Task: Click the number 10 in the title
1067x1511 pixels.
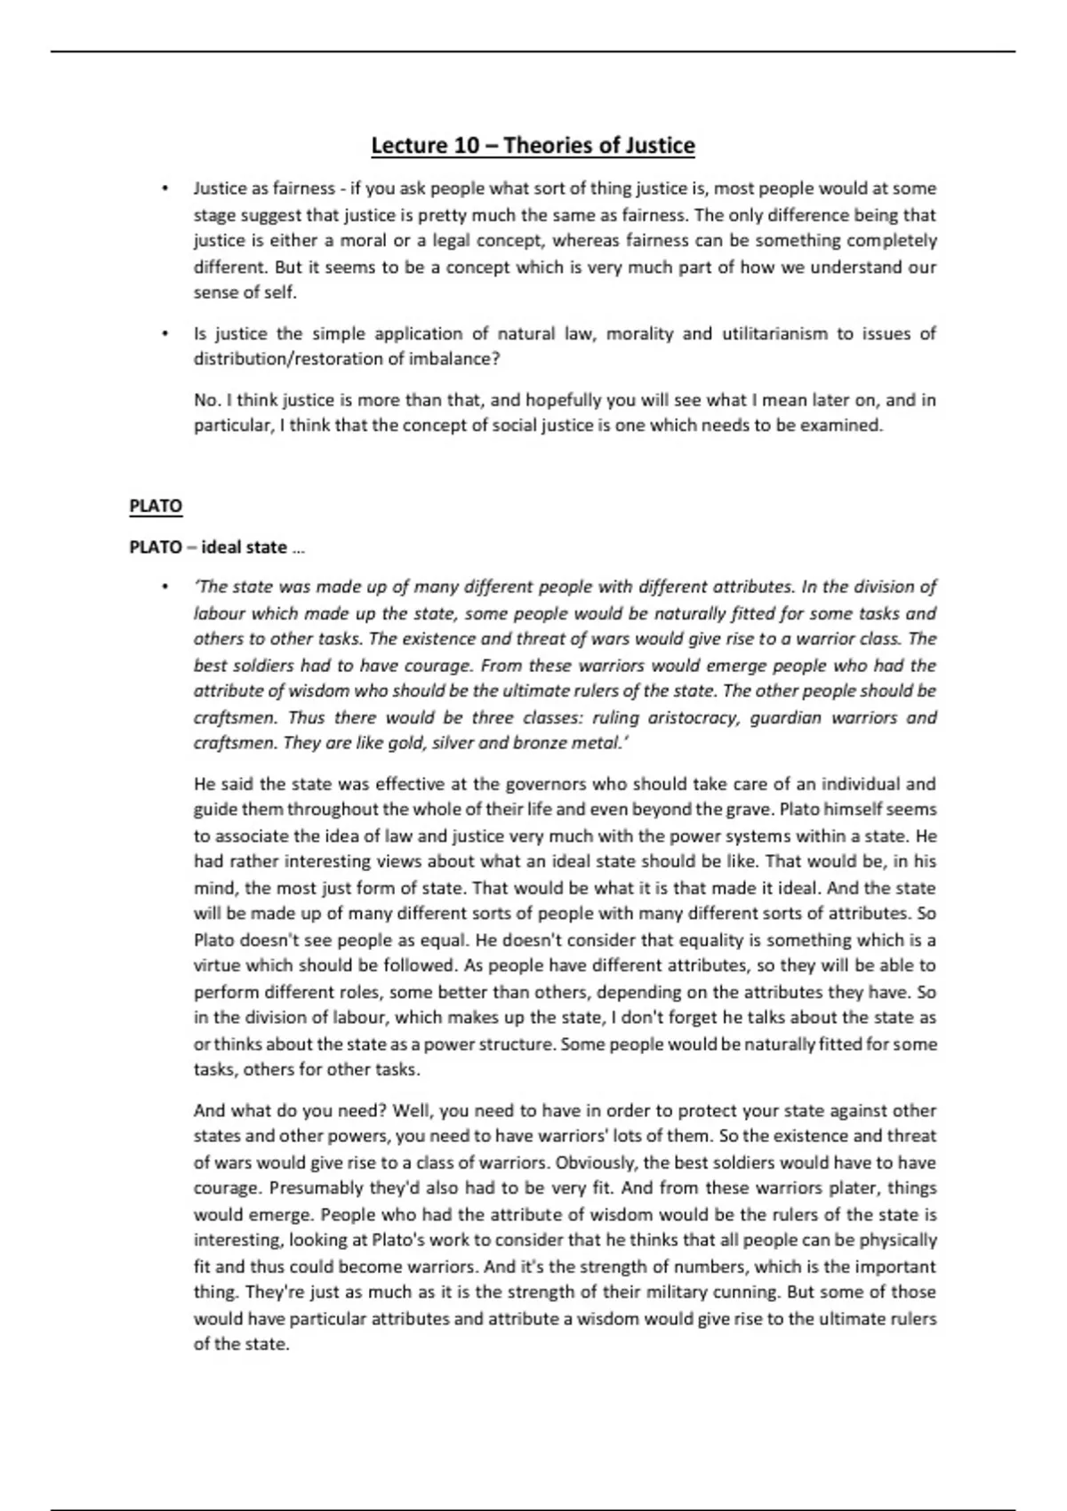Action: tap(467, 146)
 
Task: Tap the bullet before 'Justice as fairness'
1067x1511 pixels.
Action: tap(164, 189)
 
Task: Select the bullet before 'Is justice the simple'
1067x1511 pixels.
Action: tap(164, 334)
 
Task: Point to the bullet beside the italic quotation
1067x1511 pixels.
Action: tap(164, 588)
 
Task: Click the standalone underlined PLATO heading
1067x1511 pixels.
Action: tap(156, 507)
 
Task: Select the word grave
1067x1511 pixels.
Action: tap(751, 810)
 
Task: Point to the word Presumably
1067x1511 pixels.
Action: tap(315, 1188)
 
